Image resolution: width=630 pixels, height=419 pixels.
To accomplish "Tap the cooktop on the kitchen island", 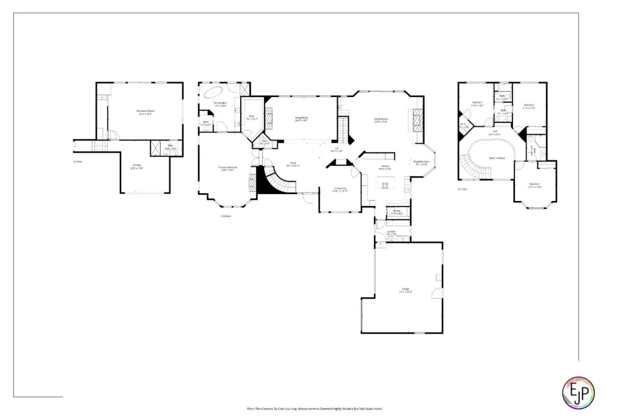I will pos(385,185).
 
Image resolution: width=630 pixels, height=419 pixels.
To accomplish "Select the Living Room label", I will pos(301,118).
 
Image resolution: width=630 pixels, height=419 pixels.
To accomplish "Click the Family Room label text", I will pos(381,119).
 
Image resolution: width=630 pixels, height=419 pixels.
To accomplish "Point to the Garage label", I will pos(406,289).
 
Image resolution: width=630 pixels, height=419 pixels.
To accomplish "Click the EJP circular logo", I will pos(578,392).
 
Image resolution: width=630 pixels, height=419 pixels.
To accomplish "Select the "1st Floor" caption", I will pos(78,162).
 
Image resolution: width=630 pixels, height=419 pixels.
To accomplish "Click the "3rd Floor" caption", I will pos(462,189).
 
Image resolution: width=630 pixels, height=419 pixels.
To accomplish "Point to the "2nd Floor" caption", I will pos(226,216).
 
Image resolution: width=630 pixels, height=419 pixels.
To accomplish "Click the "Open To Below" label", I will pos(497,158).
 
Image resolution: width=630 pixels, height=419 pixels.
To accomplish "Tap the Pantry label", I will pos(396,212).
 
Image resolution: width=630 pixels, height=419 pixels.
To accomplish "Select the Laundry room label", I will pos(391,232).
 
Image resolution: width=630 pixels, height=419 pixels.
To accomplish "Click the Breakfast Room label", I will pos(422,162).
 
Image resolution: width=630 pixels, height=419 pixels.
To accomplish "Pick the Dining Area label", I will pos(340,189).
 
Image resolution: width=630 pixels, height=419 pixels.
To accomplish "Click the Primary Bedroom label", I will pos(227,168).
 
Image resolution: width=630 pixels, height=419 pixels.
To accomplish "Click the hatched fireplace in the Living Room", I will pos(269,119).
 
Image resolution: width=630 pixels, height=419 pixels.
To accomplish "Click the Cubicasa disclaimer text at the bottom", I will pos(315,409).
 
